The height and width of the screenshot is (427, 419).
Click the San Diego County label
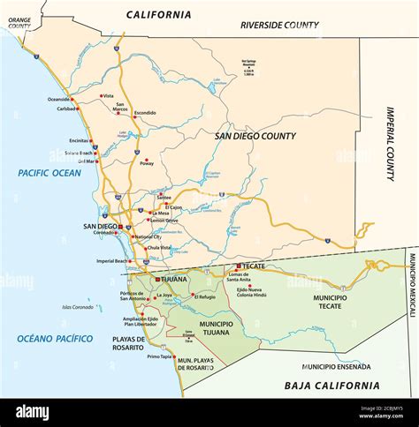[255, 136]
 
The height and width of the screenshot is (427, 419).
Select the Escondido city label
[144, 113]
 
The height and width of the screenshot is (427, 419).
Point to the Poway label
[147, 163]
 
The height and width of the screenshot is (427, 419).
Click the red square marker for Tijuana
[158, 279]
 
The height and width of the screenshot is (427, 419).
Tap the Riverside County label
[279, 26]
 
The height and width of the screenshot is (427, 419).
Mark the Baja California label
[331, 386]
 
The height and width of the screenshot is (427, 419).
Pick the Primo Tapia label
[159, 356]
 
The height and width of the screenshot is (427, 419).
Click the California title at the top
[158, 14]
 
